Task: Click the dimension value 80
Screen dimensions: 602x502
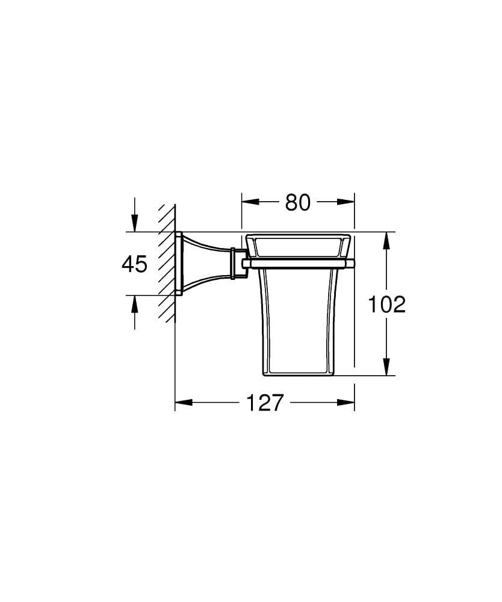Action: (x=297, y=203)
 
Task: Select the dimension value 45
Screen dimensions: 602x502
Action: (x=134, y=264)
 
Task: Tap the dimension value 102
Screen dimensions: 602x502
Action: (x=386, y=305)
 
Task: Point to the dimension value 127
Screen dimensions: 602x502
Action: (x=265, y=402)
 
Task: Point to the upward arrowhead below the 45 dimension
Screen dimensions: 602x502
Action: (x=134, y=303)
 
